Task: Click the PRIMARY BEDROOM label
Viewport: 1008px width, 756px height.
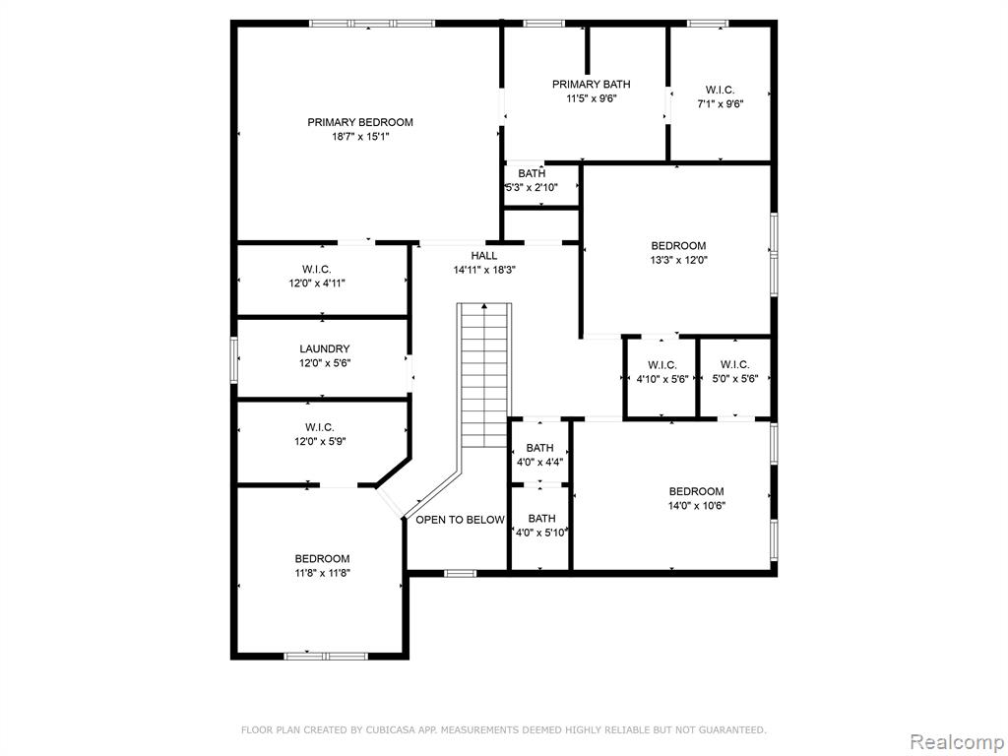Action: point(360,122)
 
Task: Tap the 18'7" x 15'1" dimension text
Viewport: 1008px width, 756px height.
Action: point(360,137)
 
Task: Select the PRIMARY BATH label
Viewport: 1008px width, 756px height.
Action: point(592,85)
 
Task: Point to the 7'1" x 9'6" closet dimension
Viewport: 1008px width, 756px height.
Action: point(720,104)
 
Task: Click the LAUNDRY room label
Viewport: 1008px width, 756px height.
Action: point(325,349)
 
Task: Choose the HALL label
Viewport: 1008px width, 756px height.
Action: point(484,256)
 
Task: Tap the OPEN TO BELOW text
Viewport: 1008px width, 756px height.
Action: point(460,520)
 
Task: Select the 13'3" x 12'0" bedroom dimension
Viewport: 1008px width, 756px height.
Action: point(679,260)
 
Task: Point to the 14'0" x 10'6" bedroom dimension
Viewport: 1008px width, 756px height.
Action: point(697,506)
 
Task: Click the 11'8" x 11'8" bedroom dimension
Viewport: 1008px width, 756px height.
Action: point(322,574)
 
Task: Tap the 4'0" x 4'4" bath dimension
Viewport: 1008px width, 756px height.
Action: point(540,463)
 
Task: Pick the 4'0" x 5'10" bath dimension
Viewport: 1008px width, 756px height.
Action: point(541,533)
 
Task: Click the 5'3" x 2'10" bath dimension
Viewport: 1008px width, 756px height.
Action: point(531,188)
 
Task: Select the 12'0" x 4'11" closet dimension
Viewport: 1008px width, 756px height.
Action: point(317,283)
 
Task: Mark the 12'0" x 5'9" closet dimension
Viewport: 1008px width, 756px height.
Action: point(318,442)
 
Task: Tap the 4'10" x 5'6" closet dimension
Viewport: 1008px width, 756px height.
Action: point(662,379)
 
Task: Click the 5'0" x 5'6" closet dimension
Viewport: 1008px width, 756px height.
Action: point(734,379)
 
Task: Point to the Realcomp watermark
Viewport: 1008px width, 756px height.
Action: point(957,742)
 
